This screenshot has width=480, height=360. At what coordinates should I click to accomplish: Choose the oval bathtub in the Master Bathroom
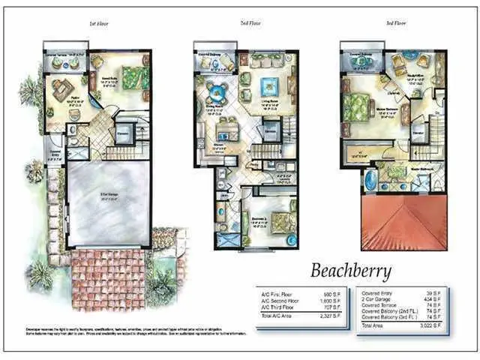tap(370, 181)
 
